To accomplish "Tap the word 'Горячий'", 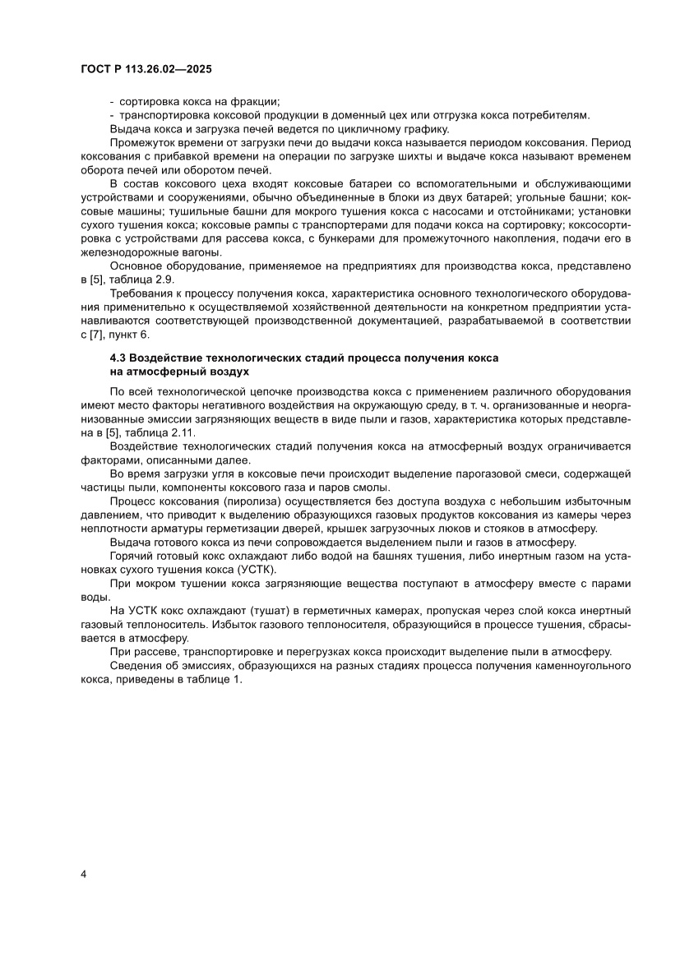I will pyautogui.click(x=131, y=557).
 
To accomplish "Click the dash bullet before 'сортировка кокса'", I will pyautogui.click(x=112, y=101).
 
